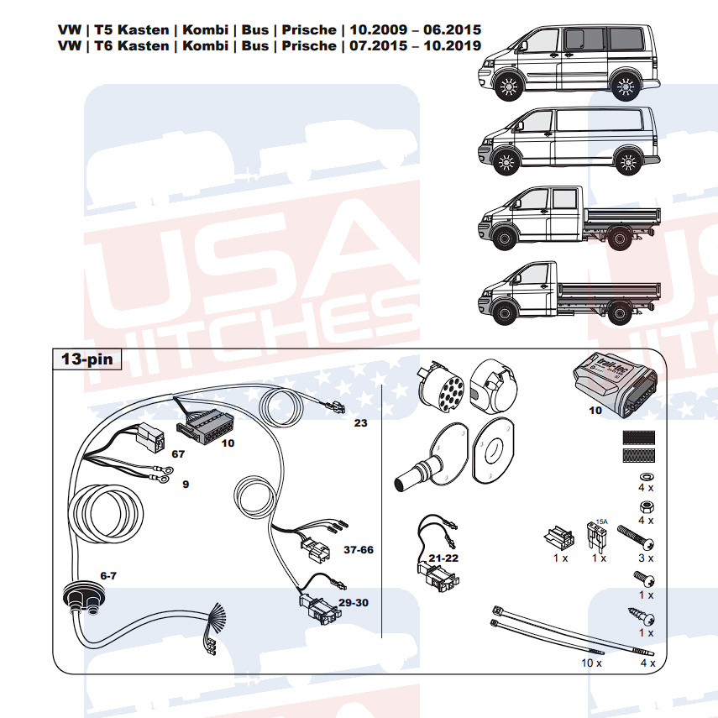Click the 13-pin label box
87,359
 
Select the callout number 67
178,453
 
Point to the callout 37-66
359,549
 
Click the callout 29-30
354,603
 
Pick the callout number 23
361,422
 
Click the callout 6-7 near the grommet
108,575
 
